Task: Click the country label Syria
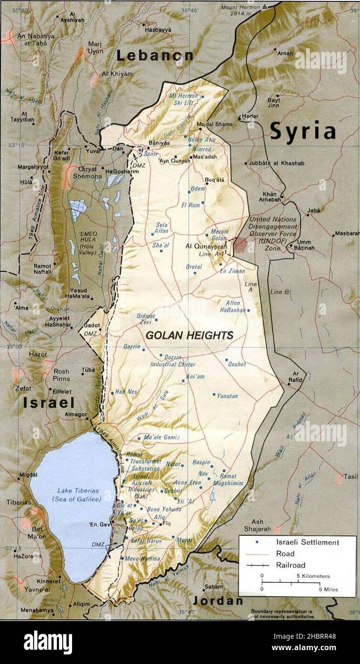[x=303, y=131]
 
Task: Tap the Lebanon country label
[x=155, y=55]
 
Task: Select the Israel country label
[x=49, y=403]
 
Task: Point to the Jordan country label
[x=217, y=600]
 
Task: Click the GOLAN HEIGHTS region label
[x=190, y=335]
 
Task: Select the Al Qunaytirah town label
[x=205, y=246]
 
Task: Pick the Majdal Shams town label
[x=214, y=124]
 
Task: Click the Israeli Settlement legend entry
[x=307, y=542]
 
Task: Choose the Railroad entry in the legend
[x=291, y=565]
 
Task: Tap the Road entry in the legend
[x=285, y=554]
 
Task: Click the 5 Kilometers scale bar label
[x=313, y=576]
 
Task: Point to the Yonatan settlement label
[x=227, y=396]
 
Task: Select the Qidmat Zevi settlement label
[x=146, y=319]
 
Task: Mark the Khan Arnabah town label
[x=270, y=196]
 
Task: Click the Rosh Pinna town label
[x=61, y=375]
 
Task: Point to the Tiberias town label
[x=18, y=502]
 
